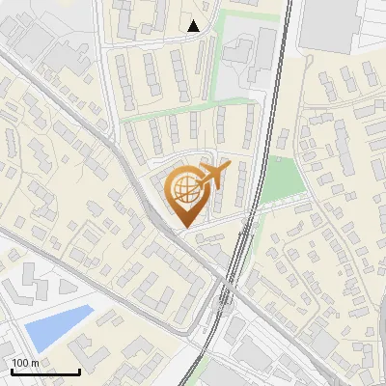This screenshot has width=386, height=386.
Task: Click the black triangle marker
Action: pyautogui.click(x=194, y=26)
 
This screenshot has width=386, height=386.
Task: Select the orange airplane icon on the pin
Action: pyautogui.click(x=212, y=177)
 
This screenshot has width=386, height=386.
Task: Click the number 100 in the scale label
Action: pyautogui.click(x=20, y=363)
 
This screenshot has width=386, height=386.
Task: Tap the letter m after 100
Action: pyautogui.click(x=34, y=363)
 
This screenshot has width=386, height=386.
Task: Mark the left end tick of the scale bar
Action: pyautogui.click(x=11, y=371)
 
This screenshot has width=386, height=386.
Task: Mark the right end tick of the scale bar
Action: pyautogui.click(x=79, y=371)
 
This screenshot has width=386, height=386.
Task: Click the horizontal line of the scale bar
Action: pyautogui.click(x=44, y=372)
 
